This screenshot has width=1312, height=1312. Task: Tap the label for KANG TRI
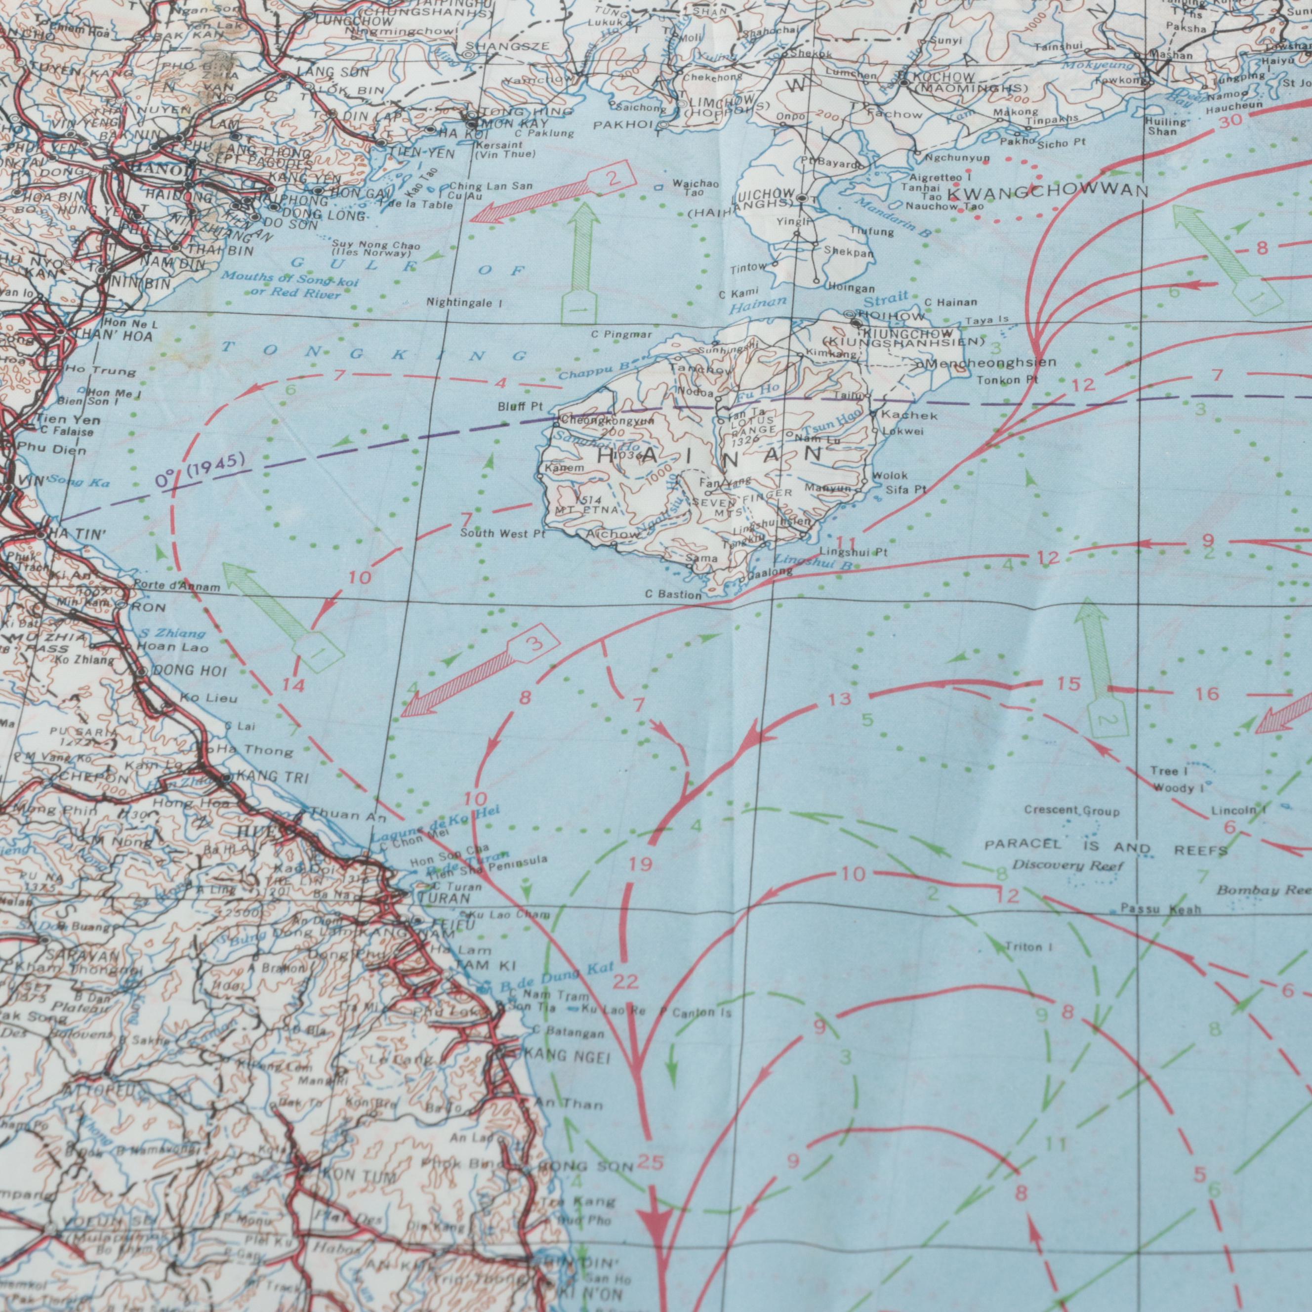pos(263,777)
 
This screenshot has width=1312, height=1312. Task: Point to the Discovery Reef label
pos(1068,866)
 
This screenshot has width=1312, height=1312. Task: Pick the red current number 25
pos(651,1163)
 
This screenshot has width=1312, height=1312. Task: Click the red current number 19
pos(640,864)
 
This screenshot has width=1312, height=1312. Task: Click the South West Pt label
pos(502,534)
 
